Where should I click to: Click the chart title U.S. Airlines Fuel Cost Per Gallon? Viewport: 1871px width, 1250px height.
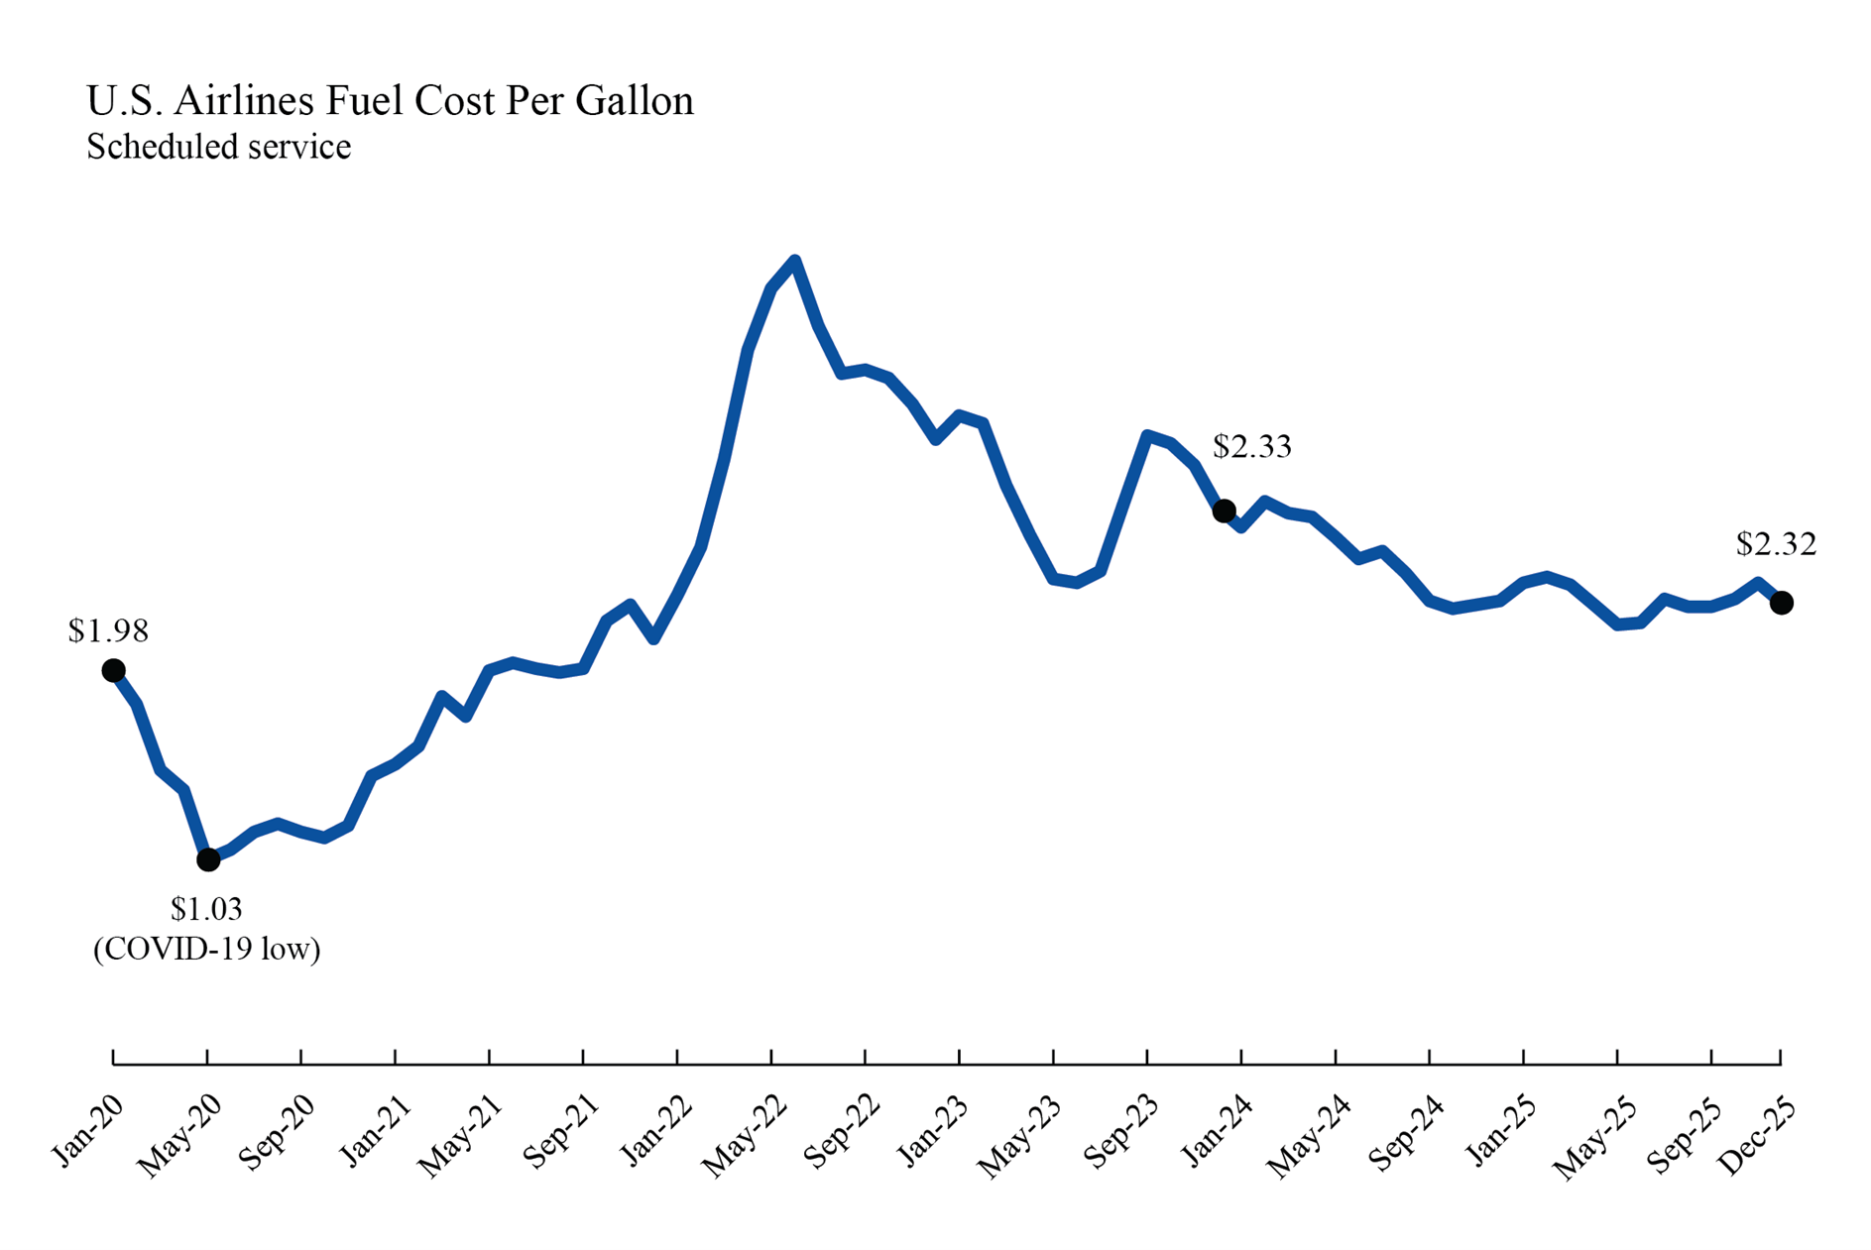point(390,101)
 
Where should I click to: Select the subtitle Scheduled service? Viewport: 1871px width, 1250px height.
point(218,147)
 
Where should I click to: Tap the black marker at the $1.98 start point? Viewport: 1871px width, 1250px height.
point(114,671)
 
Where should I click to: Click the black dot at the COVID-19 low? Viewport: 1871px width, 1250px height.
point(208,859)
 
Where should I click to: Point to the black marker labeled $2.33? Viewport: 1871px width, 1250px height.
point(1225,511)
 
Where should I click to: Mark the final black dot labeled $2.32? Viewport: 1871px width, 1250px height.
point(1782,603)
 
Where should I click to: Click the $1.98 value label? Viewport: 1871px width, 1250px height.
point(108,630)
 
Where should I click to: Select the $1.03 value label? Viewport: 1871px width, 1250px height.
point(206,908)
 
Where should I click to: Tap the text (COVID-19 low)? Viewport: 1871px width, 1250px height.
point(206,950)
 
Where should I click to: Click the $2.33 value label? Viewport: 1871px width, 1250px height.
point(1252,447)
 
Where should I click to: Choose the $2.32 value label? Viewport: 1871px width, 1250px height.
point(1776,544)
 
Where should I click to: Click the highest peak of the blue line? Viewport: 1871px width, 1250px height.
point(795,261)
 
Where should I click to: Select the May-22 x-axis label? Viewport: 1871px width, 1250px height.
point(744,1137)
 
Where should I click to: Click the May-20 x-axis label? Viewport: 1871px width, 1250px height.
point(179,1137)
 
